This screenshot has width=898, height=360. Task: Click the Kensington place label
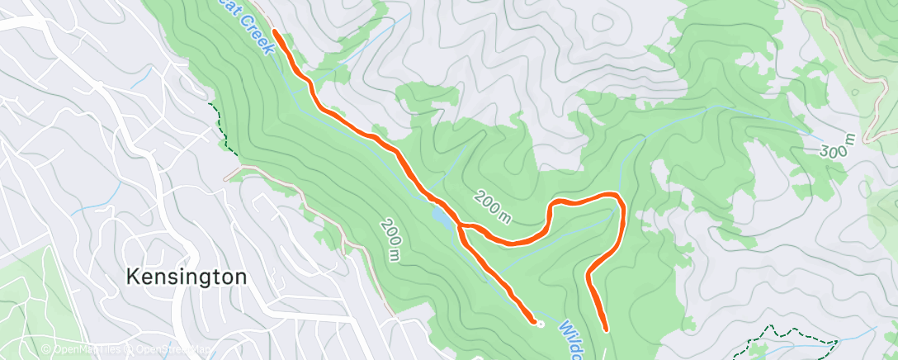click(x=187, y=277)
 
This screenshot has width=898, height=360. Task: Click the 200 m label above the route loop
click(x=493, y=206)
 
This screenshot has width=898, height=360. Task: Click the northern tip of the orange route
click(x=274, y=34)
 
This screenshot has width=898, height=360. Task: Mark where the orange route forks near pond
click(x=461, y=225)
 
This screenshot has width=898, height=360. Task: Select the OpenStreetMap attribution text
click(x=169, y=350)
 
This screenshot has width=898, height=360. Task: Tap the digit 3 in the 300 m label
click(x=825, y=152)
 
